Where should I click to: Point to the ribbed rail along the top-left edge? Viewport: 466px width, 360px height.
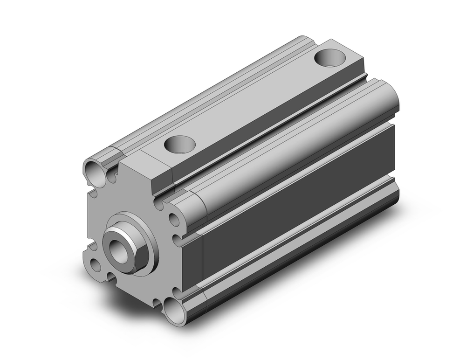[x=210, y=93]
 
